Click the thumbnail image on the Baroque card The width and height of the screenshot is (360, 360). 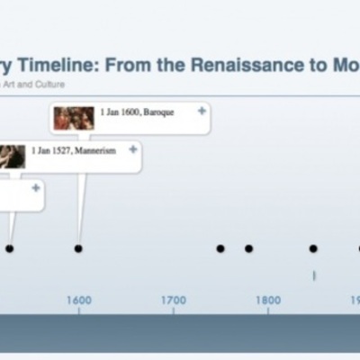click(x=74, y=118)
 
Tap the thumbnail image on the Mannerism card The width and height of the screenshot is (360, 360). click(x=11, y=156)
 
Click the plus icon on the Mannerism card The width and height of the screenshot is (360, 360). click(x=133, y=149)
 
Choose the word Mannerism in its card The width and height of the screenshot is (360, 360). click(x=89, y=151)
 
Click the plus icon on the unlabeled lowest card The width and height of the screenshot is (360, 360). click(x=36, y=188)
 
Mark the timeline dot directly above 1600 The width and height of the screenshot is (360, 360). click(x=78, y=248)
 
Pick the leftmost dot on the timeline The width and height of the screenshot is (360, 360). click(x=10, y=248)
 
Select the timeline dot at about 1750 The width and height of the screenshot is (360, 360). click(x=220, y=248)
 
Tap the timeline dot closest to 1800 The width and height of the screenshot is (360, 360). click(x=248, y=248)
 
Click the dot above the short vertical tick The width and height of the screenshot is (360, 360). click(x=313, y=248)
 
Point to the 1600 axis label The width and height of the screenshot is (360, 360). click(x=78, y=301)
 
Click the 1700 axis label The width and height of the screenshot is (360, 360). click(x=174, y=301)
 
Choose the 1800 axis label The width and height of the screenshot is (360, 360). click(x=267, y=301)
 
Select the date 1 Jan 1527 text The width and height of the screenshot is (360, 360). click(x=49, y=151)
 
